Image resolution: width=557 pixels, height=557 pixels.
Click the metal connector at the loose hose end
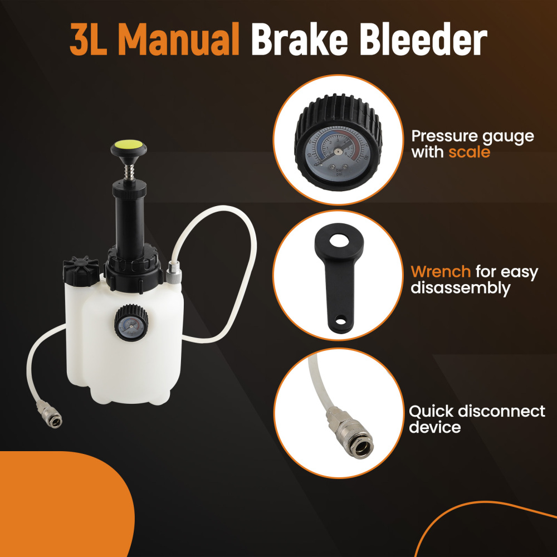tap(49, 415)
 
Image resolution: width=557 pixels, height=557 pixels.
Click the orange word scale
tap(469, 152)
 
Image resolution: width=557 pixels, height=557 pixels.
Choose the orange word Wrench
tap(441, 272)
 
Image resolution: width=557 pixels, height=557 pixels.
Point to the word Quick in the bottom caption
tap(431, 412)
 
